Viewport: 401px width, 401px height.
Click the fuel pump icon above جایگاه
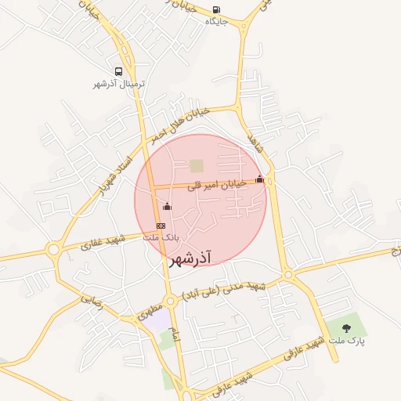click(216, 10)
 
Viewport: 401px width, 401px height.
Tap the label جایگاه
click(216, 22)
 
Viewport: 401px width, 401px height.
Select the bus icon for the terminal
click(118, 71)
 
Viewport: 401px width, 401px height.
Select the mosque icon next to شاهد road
click(260, 179)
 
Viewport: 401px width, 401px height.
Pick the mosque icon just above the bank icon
click(166, 206)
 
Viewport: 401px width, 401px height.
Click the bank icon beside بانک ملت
click(161, 226)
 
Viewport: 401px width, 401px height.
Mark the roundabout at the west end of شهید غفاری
click(53, 251)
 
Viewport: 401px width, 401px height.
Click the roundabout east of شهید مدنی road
click(288, 274)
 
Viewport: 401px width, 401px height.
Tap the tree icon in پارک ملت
click(347, 329)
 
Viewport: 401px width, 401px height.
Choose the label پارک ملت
click(347, 341)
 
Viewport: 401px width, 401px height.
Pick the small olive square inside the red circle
click(196, 166)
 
